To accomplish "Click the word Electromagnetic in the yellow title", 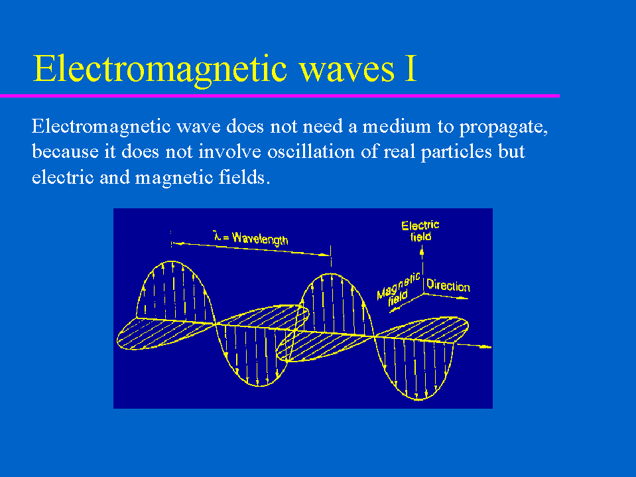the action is pyautogui.click(x=160, y=70).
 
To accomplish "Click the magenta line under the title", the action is pyautogui.click(x=280, y=96).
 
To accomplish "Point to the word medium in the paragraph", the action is pyautogui.click(x=397, y=127).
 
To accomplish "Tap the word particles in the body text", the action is pyautogui.click(x=456, y=153).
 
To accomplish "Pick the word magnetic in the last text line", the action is pyautogui.click(x=174, y=178).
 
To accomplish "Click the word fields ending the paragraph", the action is pyautogui.click(x=244, y=177).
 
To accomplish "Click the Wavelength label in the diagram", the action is pyautogui.click(x=259, y=239).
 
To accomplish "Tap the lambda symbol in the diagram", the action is pyautogui.click(x=218, y=236).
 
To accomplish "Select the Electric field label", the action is pyautogui.click(x=420, y=231).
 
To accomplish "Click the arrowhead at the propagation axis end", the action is pyautogui.click(x=486, y=347).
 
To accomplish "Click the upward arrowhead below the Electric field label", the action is pyautogui.click(x=422, y=253).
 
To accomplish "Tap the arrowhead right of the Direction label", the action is pyautogui.click(x=462, y=298).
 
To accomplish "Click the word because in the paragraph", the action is pyautogui.click(x=65, y=152).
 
